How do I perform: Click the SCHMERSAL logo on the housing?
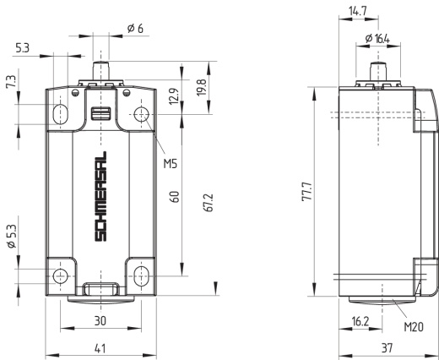click(100, 196)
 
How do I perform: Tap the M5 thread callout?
click(171, 163)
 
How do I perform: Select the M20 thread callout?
click(414, 327)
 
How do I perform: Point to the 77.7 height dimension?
click(307, 191)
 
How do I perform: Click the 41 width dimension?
click(100, 348)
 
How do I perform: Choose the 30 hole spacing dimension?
click(100, 321)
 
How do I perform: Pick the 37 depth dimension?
click(387, 348)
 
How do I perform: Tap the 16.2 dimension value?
click(360, 321)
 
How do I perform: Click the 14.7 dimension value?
click(358, 11)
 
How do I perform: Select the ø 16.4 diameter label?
click(377, 39)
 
